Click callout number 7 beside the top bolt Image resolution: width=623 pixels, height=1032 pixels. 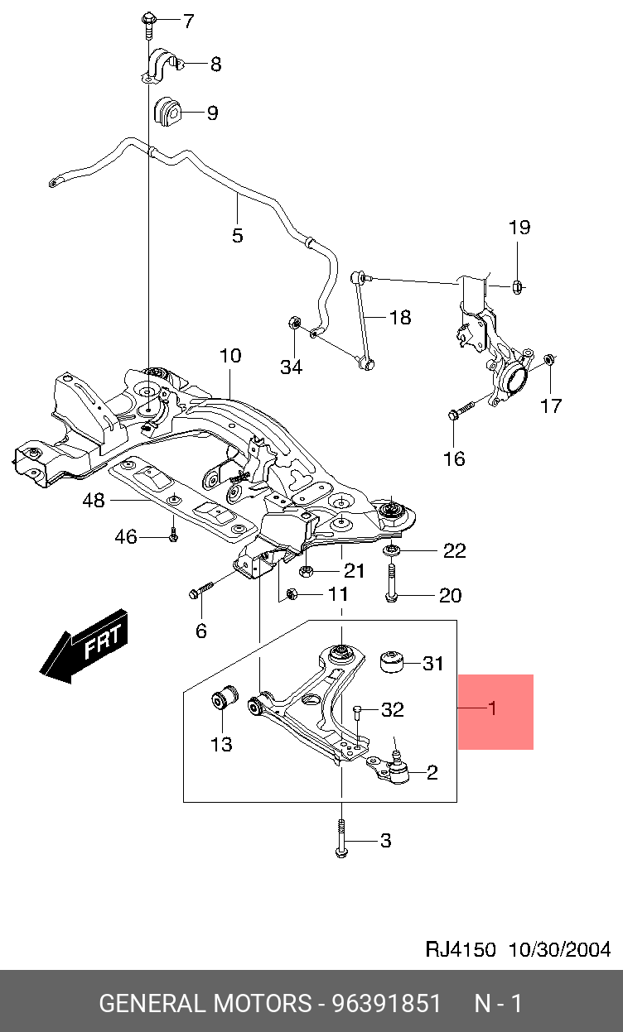click(x=188, y=21)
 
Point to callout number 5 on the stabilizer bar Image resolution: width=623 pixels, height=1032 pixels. click(x=237, y=235)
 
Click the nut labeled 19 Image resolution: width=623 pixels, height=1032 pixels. click(x=514, y=286)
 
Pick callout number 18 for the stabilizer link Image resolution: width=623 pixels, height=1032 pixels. click(x=399, y=317)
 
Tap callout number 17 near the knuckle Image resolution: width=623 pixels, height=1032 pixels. click(x=551, y=406)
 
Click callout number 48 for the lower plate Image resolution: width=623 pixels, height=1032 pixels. click(x=93, y=500)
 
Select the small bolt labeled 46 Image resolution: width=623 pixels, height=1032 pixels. click(x=173, y=536)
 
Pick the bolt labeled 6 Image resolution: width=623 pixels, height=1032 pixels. click(x=202, y=591)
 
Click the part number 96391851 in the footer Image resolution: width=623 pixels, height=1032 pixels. click(x=386, y=1004)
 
